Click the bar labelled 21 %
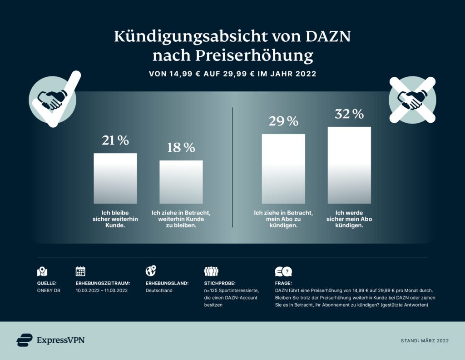tap(115, 178)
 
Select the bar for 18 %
tap(181, 182)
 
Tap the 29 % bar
tap(283, 169)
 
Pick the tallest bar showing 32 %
tap(349, 165)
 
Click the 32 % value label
tap(349, 114)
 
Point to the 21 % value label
tap(115, 140)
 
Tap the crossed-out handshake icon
tap(413, 100)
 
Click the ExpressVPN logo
tap(50, 340)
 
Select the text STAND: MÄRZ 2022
tap(425, 340)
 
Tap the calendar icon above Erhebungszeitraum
tap(80, 271)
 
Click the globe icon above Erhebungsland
tap(150, 271)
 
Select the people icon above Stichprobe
tap(211, 271)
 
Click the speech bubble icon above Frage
tap(283, 272)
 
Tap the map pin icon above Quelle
tap(42, 272)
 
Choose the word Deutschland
tap(159, 290)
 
